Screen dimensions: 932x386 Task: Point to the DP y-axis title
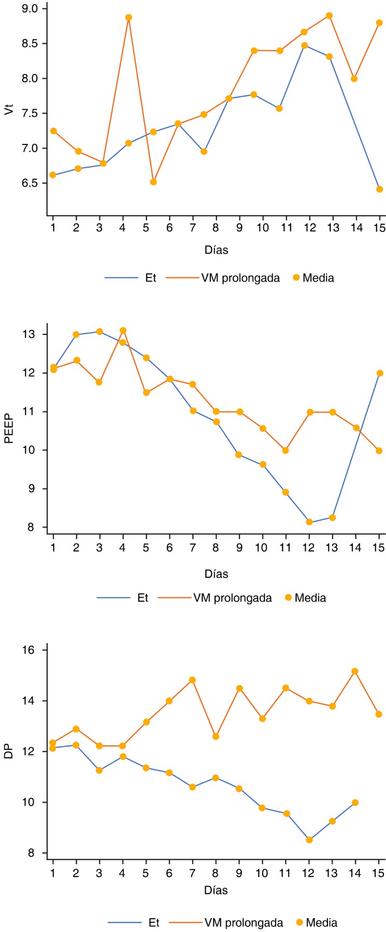pyautogui.click(x=9, y=753)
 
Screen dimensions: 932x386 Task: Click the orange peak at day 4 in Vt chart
pyautogui.click(x=128, y=18)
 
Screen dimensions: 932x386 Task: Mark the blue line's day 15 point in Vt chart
pyautogui.click(x=379, y=190)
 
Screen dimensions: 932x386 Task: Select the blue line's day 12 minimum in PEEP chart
pyautogui.click(x=309, y=522)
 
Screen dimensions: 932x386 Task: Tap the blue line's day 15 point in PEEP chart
pyautogui.click(x=379, y=373)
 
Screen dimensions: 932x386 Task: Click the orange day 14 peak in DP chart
pyautogui.click(x=355, y=672)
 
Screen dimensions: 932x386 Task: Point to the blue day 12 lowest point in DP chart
pyautogui.click(x=309, y=840)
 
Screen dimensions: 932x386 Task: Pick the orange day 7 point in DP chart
pyautogui.click(x=192, y=680)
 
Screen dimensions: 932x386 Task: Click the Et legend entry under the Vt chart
pyautogui.click(x=150, y=278)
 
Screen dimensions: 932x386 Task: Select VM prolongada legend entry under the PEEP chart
pyautogui.click(x=232, y=598)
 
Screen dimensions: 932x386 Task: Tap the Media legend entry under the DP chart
pyautogui.click(x=321, y=923)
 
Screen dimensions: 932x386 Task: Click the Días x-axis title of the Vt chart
pyautogui.click(x=216, y=250)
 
